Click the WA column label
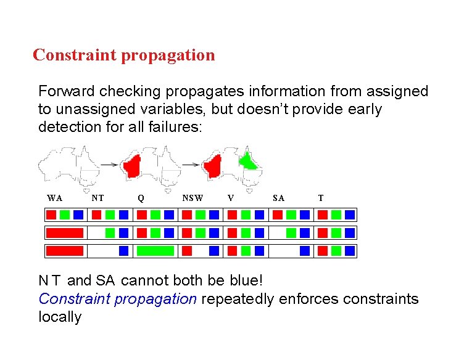pyautogui.click(x=55, y=198)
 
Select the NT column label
pyautogui.click(x=97, y=198)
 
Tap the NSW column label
pyautogui.click(x=193, y=198)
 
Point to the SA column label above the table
pyautogui.click(x=278, y=198)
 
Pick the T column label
pyautogui.click(x=320, y=198)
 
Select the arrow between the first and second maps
pyautogui.click(x=109, y=165)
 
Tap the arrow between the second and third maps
pyautogui.click(x=191, y=165)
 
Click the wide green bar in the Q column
pyautogui.click(x=155, y=251)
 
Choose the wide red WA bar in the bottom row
pyautogui.click(x=65, y=251)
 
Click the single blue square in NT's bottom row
pyautogui.click(x=123, y=251)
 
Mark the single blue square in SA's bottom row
pyautogui.click(x=305, y=251)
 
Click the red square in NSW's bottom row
pyautogui.click(x=187, y=251)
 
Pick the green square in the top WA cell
pyautogui.click(x=65, y=215)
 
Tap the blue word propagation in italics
pyautogui.click(x=159, y=299)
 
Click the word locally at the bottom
pyautogui.click(x=60, y=317)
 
